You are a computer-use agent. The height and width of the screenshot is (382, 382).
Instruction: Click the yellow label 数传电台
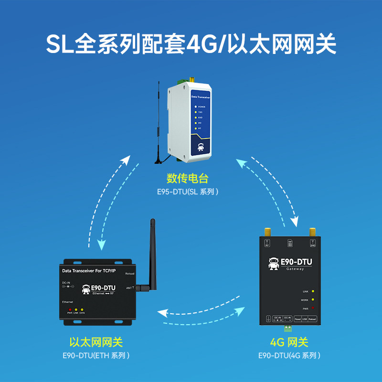188,179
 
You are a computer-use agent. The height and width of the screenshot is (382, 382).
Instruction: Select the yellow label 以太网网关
96,342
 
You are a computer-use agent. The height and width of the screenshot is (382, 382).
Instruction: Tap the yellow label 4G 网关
289,342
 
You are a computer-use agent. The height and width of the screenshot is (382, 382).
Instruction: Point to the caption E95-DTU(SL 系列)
188,192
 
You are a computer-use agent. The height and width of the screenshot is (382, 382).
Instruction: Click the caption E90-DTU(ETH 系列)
96,356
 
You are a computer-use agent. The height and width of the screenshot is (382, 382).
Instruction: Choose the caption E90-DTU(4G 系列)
289,356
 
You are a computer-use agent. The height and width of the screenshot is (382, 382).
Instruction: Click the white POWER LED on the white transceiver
195,107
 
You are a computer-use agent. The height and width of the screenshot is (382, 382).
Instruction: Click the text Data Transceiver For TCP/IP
89,271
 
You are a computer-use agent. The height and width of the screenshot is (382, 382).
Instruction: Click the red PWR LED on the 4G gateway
313,309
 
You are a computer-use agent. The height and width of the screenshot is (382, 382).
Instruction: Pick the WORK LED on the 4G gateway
313,300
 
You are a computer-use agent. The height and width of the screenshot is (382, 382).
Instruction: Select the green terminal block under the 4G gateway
287,329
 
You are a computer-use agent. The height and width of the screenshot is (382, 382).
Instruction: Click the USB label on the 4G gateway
305,318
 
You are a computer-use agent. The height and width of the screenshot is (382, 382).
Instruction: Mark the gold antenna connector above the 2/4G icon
313,233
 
